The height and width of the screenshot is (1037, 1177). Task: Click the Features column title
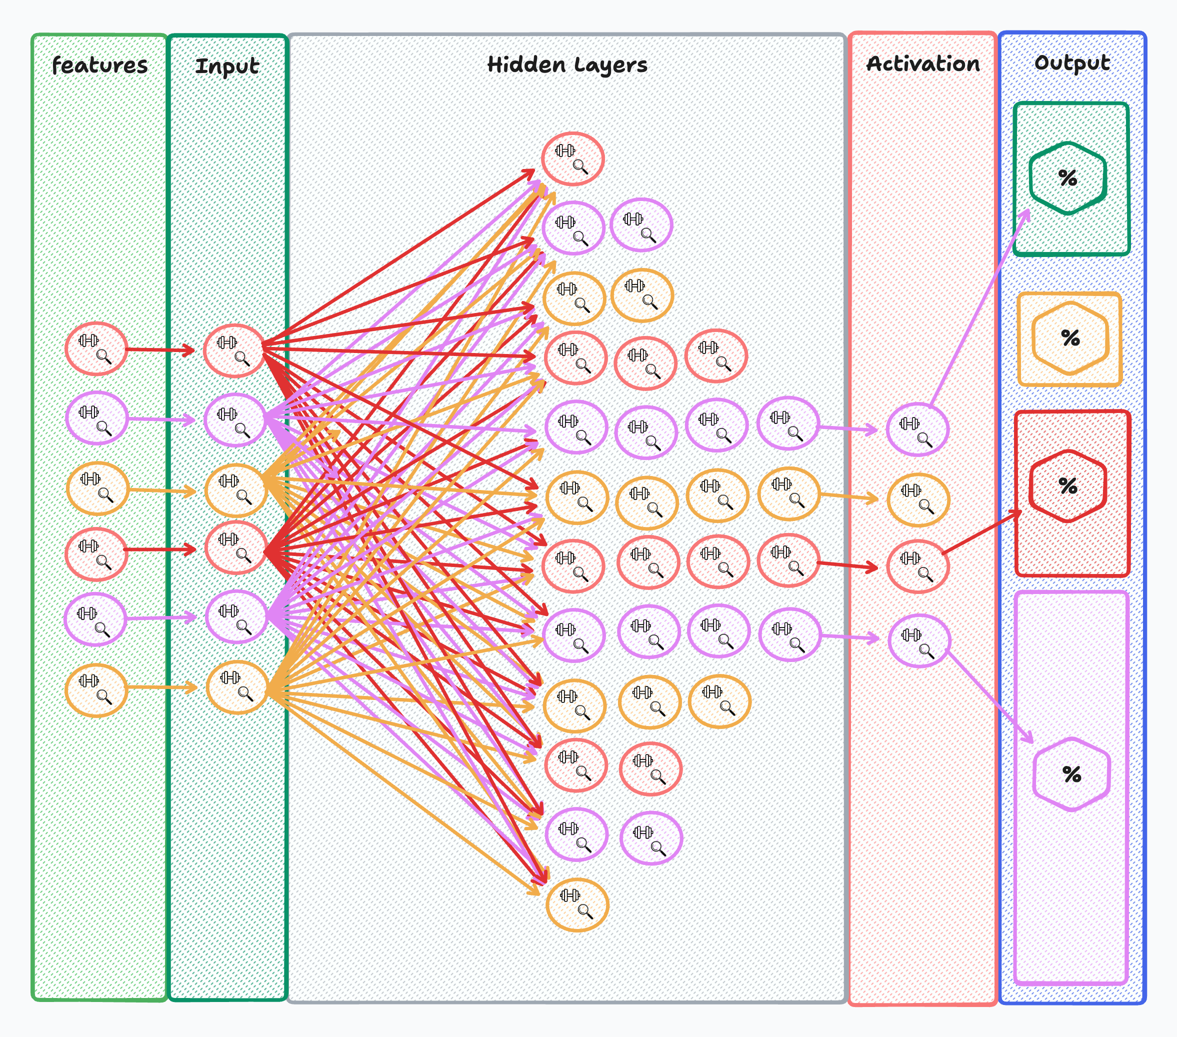click(x=99, y=65)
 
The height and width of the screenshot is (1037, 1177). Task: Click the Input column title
click(x=227, y=66)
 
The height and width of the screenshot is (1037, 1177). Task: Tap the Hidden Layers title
click(x=566, y=64)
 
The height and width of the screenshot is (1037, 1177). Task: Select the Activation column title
click(x=922, y=63)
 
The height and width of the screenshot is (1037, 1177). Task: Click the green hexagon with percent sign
click(x=1067, y=178)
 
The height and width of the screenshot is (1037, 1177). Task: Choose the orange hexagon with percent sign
click(x=1070, y=337)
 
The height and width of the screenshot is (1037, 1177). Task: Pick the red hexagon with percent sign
click(x=1067, y=486)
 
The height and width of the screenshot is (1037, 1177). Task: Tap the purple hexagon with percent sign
click(x=1071, y=774)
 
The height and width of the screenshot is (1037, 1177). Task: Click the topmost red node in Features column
click(x=96, y=348)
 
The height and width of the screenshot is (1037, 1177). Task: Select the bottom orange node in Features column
click(x=96, y=690)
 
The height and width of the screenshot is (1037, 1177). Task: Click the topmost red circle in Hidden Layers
click(x=572, y=159)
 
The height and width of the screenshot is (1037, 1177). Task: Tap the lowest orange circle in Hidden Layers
click(x=577, y=904)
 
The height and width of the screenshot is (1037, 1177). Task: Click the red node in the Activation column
click(x=917, y=566)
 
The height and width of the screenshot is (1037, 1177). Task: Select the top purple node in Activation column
click(x=917, y=429)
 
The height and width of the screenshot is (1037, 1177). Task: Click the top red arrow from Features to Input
click(x=160, y=349)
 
